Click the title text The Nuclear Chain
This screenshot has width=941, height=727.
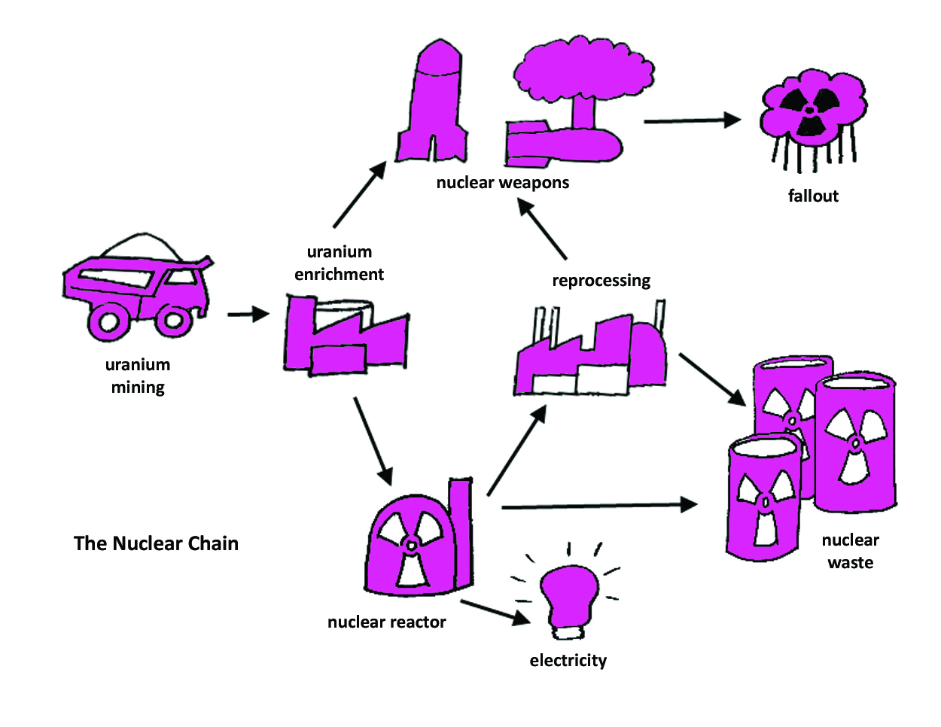point(156,543)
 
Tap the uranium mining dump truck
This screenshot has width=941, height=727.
point(136,290)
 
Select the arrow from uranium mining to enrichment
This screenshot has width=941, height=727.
point(248,314)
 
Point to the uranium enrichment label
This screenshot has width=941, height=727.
point(339,263)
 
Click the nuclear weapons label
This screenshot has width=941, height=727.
point(502,183)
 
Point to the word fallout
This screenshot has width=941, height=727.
point(813,196)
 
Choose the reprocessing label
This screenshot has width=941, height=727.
point(601,281)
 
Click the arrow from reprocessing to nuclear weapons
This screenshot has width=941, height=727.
point(543,229)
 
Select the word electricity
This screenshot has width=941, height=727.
point(568,661)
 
